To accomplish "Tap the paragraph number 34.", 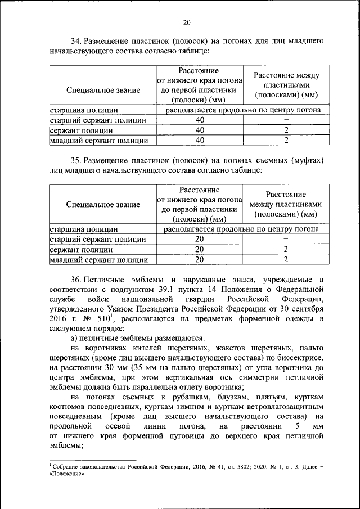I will pyautogui.click(x=76, y=42).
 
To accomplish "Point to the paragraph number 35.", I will pyautogui.click(x=76, y=160).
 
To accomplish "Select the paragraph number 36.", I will pyautogui.click(x=76, y=279).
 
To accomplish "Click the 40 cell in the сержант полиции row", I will pyautogui.click(x=200, y=130).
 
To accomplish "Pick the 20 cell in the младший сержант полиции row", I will pyautogui.click(x=199, y=259).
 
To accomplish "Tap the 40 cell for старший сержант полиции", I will pyautogui.click(x=200, y=120).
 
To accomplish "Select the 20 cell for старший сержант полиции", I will pyautogui.click(x=199, y=239).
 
